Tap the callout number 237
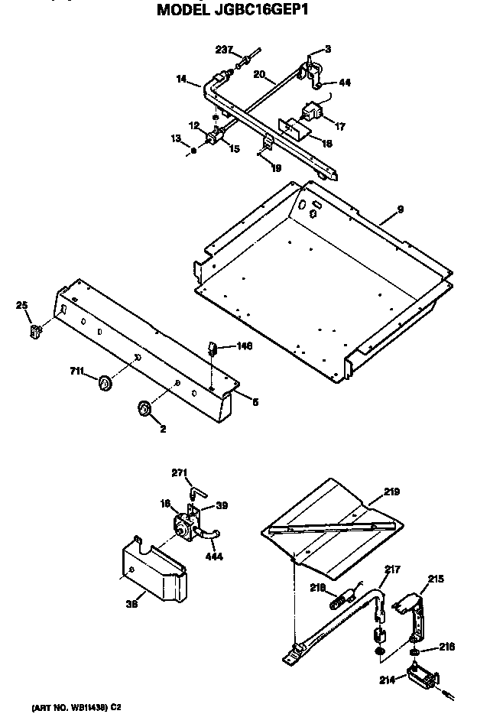224,51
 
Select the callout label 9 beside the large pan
399,209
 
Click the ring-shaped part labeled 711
104,381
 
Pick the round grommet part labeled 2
144,410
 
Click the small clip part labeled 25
35,331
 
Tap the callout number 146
243,346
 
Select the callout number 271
180,473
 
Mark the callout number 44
345,83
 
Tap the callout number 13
177,139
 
